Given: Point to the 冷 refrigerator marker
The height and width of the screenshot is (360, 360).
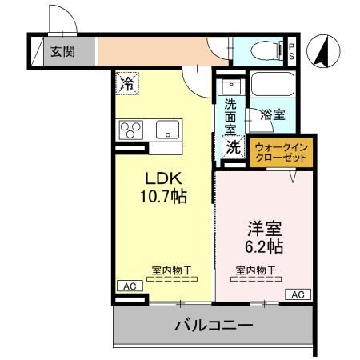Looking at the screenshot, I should tap(127, 81).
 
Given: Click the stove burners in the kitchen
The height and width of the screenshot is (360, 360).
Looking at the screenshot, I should tap(130, 130).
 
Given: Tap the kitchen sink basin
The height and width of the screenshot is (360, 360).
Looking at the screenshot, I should tap(168, 130).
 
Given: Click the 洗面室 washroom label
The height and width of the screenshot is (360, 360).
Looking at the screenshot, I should tap(230, 115).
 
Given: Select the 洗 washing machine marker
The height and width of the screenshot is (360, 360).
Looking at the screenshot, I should tap(232, 146).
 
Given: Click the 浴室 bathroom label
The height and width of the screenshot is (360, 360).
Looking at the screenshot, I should tap(273, 115).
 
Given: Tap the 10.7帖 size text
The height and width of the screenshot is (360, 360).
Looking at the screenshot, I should tap(165, 195).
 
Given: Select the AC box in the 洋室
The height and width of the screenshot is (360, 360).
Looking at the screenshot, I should tap(297, 294).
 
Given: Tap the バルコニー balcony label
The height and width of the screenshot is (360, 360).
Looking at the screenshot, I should tap(214, 326).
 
